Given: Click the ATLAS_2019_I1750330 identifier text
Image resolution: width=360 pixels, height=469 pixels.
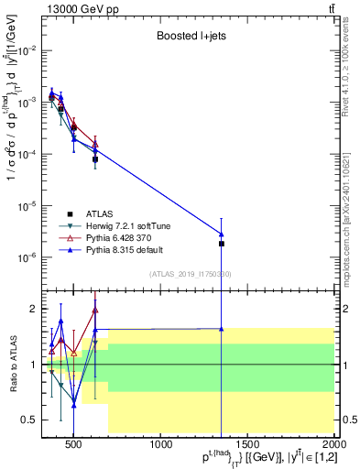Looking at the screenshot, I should [190, 273].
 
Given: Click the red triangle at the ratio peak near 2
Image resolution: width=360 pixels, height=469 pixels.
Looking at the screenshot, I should [94, 310].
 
